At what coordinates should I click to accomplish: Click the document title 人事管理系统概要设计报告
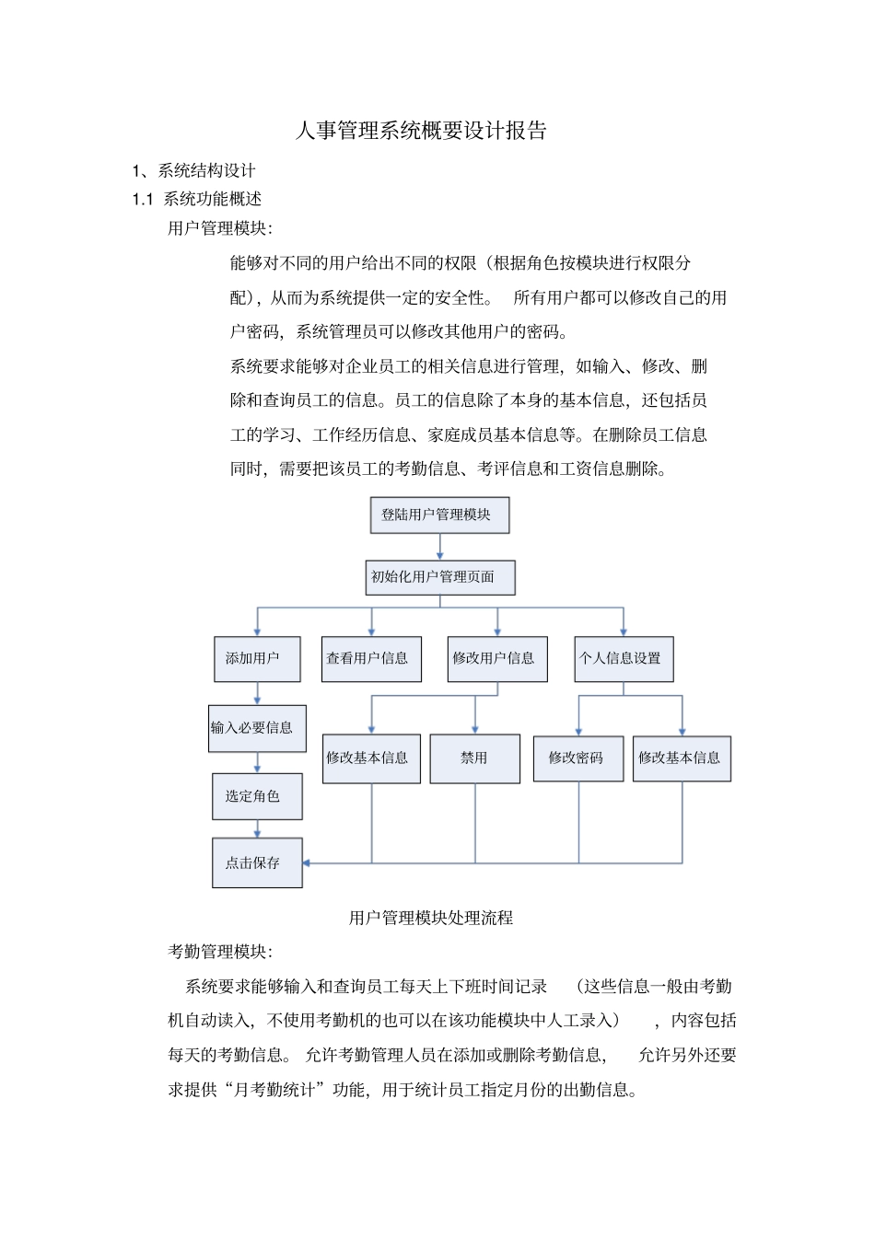click(421, 131)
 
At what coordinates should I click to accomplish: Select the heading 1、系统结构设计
click(193, 170)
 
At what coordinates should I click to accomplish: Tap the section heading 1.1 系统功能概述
click(197, 199)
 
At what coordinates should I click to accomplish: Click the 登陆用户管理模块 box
click(439, 515)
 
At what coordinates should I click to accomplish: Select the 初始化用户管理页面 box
click(439, 577)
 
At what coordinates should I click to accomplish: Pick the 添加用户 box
click(257, 659)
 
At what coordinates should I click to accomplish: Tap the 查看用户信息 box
click(371, 659)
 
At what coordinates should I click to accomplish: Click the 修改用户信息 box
click(497, 659)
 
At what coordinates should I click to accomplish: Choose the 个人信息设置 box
click(624, 659)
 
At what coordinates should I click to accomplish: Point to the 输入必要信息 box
click(257, 728)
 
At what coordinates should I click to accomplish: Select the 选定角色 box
click(257, 796)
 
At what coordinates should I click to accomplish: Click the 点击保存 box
click(257, 862)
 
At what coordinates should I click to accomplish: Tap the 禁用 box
click(475, 758)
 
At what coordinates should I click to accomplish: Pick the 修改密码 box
click(578, 758)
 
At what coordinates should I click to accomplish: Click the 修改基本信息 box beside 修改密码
click(682, 758)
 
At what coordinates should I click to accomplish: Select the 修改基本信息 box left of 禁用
click(371, 758)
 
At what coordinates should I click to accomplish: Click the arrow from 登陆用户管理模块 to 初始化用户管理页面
click(439, 547)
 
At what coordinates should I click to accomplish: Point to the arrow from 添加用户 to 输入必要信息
click(257, 693)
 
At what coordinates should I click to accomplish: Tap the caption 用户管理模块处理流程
click(431, 918)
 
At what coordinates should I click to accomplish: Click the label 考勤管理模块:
click(220, 952)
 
